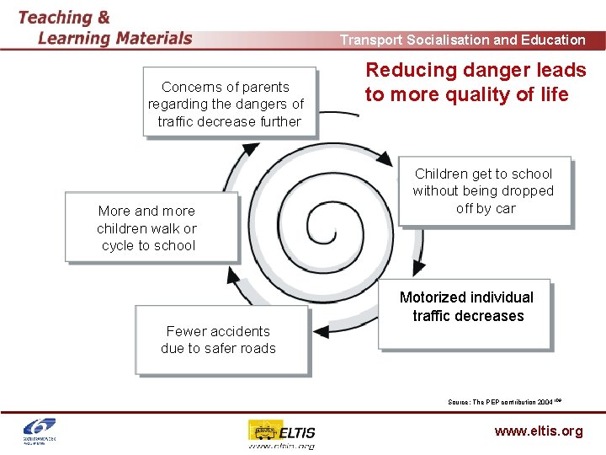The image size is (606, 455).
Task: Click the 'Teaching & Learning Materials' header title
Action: (104, 27)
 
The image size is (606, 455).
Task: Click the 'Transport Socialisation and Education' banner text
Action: (462, 40)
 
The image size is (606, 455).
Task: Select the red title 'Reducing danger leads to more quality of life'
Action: (475, 83)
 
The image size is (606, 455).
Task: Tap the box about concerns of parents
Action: (230, 103)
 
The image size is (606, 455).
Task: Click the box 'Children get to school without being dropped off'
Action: (484, 191)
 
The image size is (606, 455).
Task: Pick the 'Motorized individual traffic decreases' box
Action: (465, 313)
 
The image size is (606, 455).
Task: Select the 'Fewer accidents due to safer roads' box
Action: (221, 340)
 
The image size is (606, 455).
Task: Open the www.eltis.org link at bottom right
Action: (538, 431)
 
